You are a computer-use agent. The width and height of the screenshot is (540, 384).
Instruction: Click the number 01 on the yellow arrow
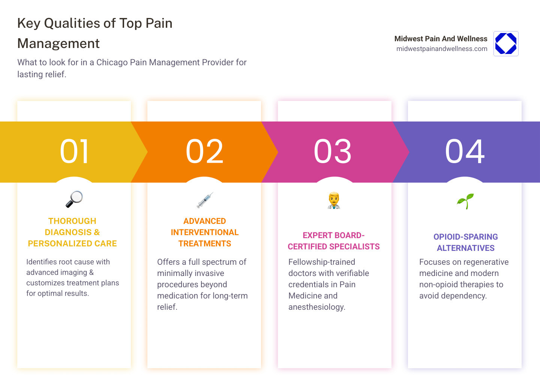(75, 151)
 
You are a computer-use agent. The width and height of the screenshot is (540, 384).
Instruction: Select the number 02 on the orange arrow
(205, 151)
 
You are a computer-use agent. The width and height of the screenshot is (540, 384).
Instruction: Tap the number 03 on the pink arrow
(333, 151)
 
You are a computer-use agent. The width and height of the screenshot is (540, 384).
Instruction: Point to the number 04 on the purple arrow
(465, 151)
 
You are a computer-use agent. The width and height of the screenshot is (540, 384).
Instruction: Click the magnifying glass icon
(74, 199)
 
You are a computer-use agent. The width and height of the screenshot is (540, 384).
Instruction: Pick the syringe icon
(205, 200)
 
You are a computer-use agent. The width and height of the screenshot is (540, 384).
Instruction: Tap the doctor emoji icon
(333, 200)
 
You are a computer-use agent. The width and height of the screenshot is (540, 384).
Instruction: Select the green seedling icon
(465, 201)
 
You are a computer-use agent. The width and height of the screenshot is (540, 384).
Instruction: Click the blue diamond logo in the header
(506, 43)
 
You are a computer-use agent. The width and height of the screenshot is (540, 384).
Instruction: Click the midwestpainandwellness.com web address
(442, 49)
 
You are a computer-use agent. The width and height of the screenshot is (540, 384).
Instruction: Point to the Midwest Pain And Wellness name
(441, 39)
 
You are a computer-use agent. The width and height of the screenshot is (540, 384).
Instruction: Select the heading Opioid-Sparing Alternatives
(465, 242)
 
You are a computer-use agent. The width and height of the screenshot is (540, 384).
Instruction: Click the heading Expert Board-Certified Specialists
(333, 241)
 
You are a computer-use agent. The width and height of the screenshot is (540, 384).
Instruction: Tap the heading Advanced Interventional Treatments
(205, 232)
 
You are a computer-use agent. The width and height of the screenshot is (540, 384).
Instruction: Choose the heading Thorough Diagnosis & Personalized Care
(72, 232)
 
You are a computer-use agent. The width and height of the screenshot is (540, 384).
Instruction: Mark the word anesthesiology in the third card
(316, 307)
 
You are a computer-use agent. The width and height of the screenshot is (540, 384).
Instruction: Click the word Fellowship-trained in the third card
(321, 262)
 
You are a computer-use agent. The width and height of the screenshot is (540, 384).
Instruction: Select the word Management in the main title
(58, 43)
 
